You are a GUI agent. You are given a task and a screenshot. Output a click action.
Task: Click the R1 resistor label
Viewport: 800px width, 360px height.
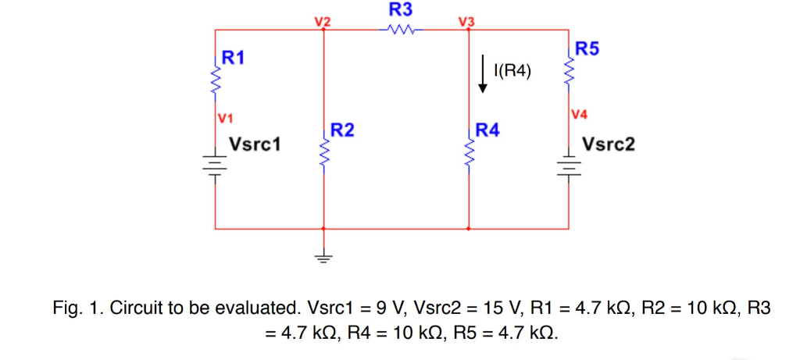click(234, 57)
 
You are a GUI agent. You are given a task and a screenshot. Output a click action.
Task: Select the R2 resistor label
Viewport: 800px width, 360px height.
click(342, 130)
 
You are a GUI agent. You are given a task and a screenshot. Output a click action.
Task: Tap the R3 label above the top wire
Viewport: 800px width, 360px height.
click(401, 10)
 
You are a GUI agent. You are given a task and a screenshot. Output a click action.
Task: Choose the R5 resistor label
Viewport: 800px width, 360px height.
click(587, 49)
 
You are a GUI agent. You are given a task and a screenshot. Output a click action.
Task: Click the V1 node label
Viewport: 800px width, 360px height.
click(226, 119)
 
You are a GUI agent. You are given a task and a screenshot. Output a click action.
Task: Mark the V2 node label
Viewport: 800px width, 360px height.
click(323, 21)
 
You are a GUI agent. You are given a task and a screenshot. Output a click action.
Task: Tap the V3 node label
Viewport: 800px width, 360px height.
click(467, 21)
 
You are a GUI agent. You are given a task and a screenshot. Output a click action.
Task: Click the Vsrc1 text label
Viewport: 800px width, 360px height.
click(255, 145)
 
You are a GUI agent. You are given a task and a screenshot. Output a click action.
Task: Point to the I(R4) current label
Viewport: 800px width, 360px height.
click(512, 73)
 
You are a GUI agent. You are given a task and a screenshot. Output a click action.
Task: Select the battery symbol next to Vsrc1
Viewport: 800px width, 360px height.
click(215, 165)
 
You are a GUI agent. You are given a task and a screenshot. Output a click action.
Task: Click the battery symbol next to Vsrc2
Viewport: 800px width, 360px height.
click(568, 165)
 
